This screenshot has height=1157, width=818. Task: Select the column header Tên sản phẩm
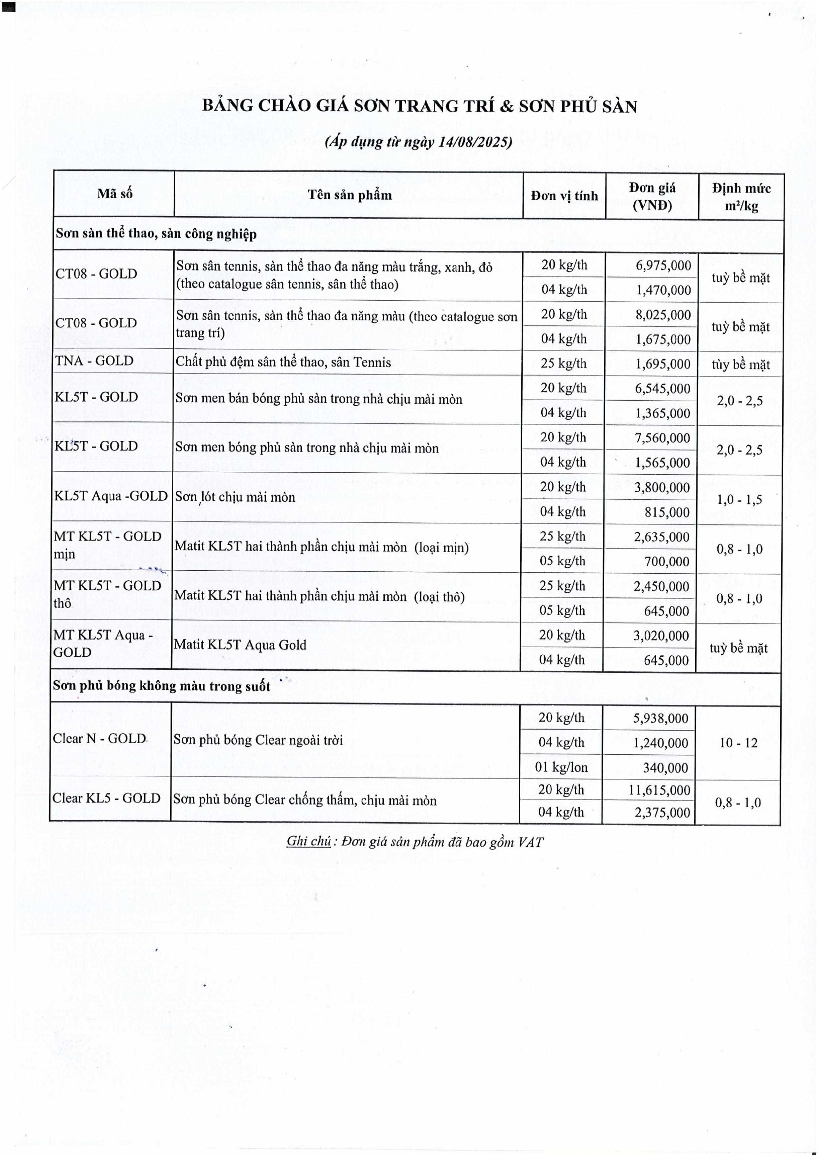(349, 195)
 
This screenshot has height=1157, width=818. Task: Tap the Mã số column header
(114, 194)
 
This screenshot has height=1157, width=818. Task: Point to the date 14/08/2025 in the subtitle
(474, 142)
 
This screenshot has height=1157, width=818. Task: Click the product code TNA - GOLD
(94, 361)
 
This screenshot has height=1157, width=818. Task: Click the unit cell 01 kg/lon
(561, 767)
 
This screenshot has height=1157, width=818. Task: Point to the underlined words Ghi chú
(308, 841)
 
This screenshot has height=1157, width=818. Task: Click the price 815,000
(667, 512)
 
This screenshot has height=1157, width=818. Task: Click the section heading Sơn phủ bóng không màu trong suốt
(161, 686)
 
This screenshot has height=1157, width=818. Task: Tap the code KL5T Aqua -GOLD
(111, 496)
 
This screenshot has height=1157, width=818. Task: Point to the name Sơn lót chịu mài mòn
(235, 497)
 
